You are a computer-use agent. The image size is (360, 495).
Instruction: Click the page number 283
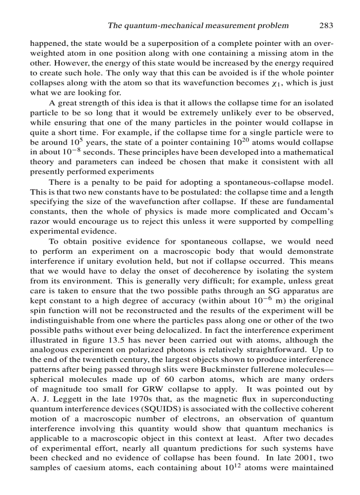[x=326, y=25]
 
